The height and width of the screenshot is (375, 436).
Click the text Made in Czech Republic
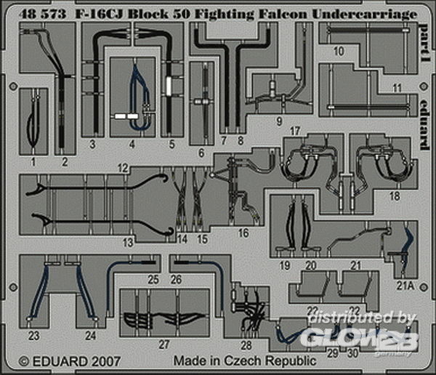click(x=244, y=360)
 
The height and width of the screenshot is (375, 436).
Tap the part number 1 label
click(x=33, y=162)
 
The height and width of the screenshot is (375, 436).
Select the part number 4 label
click(x=132, y=143)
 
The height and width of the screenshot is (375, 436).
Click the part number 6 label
click(x=201, y=153)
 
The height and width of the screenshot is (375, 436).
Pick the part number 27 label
click(x=164, y=344)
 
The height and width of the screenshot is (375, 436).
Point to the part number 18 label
click(x=395, y=195)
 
